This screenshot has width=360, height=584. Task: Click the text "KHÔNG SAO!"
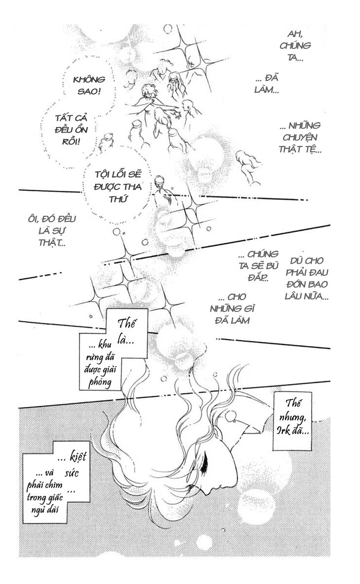click(89, 85)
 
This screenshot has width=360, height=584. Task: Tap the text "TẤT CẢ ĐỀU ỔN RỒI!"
click(71, 130)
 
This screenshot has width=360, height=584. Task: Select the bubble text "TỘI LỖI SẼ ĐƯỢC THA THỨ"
click(118, 186)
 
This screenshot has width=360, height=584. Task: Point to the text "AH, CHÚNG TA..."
click(295, 45)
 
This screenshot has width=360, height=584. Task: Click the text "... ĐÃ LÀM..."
click(267, 84)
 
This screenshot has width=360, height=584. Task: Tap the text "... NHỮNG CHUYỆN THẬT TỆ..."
click(300, 137)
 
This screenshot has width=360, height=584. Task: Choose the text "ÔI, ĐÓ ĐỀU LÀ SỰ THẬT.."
click(52, 231)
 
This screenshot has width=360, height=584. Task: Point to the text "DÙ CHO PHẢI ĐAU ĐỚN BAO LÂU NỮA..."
click(307, 278)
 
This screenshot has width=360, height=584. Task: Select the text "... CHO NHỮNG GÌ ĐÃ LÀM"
click(232, 309)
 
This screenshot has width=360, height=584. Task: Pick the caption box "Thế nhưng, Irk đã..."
click(293, 421)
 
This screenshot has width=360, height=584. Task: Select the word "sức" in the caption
click(72, 473)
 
